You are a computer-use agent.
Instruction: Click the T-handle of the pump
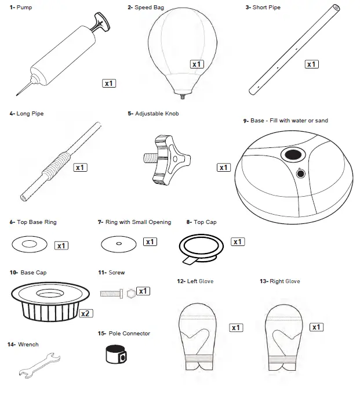click(100, 23)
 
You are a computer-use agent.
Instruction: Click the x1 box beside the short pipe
click(311, 64)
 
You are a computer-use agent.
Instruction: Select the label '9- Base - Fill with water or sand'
click(286, 121)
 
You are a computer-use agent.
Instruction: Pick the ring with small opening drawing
click(118, 244)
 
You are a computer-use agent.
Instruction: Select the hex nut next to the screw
click(131, 293)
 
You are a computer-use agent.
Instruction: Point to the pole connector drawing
click(116, 355)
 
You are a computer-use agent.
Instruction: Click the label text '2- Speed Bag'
click(146, 8)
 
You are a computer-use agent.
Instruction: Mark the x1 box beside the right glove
click(317, 327)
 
